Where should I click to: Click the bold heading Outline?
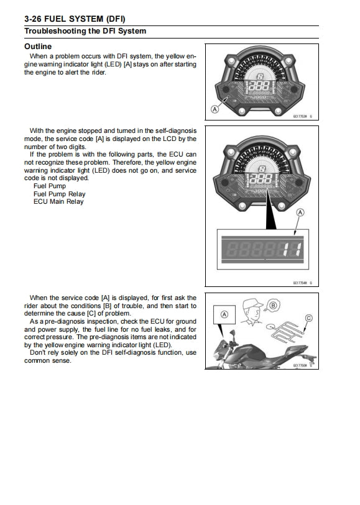[37, 47]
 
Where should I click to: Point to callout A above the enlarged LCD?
[301, 213]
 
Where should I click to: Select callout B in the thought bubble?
[272, 306]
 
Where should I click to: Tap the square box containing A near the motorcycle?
[224, 315]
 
